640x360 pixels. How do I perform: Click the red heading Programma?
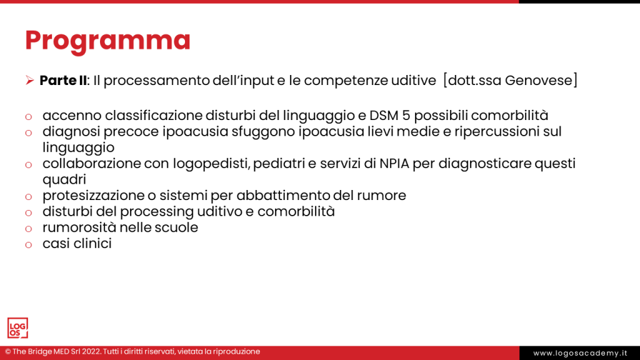(x=107, y=40)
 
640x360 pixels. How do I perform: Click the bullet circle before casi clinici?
(x=28, y=245)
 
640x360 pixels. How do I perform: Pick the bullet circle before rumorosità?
(x=28, y=229)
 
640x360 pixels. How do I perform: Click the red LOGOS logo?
(x=17, y=328)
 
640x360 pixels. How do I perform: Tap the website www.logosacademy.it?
(x=580, y=353)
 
